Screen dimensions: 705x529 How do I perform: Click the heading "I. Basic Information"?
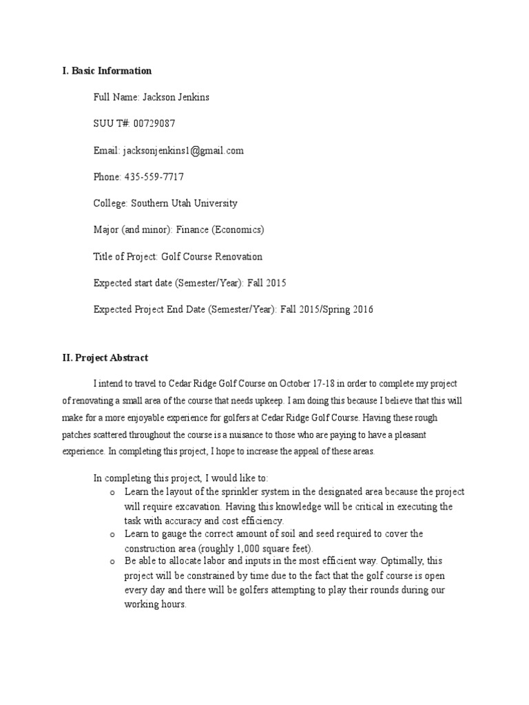coord(107,71)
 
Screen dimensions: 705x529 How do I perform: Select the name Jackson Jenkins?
coord(176,97)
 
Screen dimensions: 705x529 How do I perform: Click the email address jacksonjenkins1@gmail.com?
coord(183,150)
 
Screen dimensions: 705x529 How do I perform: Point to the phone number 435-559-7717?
coord(154,177)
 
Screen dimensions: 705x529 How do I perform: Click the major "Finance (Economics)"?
coord(220,230)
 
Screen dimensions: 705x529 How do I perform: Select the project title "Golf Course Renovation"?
coord(212,257)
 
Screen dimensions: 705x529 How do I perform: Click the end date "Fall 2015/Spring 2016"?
coord(327,310)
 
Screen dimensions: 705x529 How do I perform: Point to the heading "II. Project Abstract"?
coord(105,358)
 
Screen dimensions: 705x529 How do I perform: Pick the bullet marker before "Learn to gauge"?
coord(112,534)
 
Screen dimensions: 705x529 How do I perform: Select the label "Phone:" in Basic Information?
coord(107,177)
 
